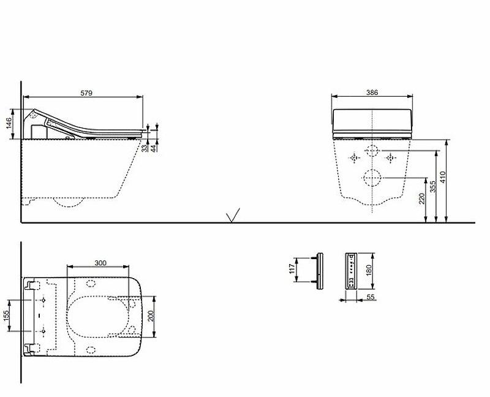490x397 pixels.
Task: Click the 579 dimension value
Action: click(x=86, y=93)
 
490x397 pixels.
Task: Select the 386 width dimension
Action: click(x=372, y=93)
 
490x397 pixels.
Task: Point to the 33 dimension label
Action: click(x=145, y=147)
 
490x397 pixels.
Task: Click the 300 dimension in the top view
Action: click(x=100, y=263)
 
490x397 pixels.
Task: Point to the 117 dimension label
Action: click(x=293, y=268)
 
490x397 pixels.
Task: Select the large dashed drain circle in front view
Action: click(x=371, y=178)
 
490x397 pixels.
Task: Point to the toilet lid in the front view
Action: click(x=372, y=120)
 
